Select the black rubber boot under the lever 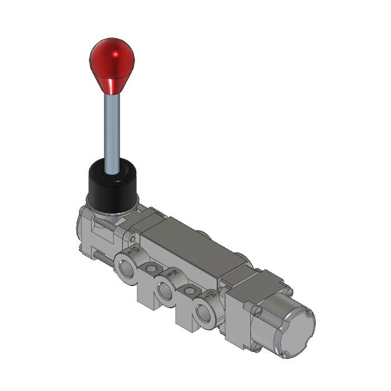pos(112,184)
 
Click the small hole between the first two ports pos(149,270)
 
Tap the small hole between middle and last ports pos(190,290)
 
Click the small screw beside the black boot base pos(131,240)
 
